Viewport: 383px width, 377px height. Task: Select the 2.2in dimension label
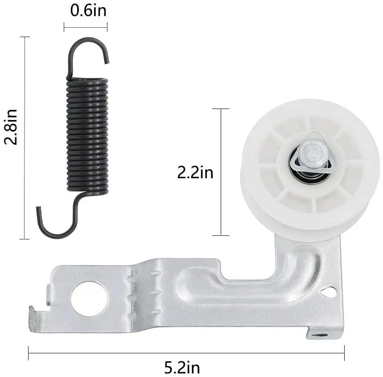[195, 172]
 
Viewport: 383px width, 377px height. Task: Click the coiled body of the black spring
[88, 134]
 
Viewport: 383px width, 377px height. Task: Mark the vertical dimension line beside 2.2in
[221, 172]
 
